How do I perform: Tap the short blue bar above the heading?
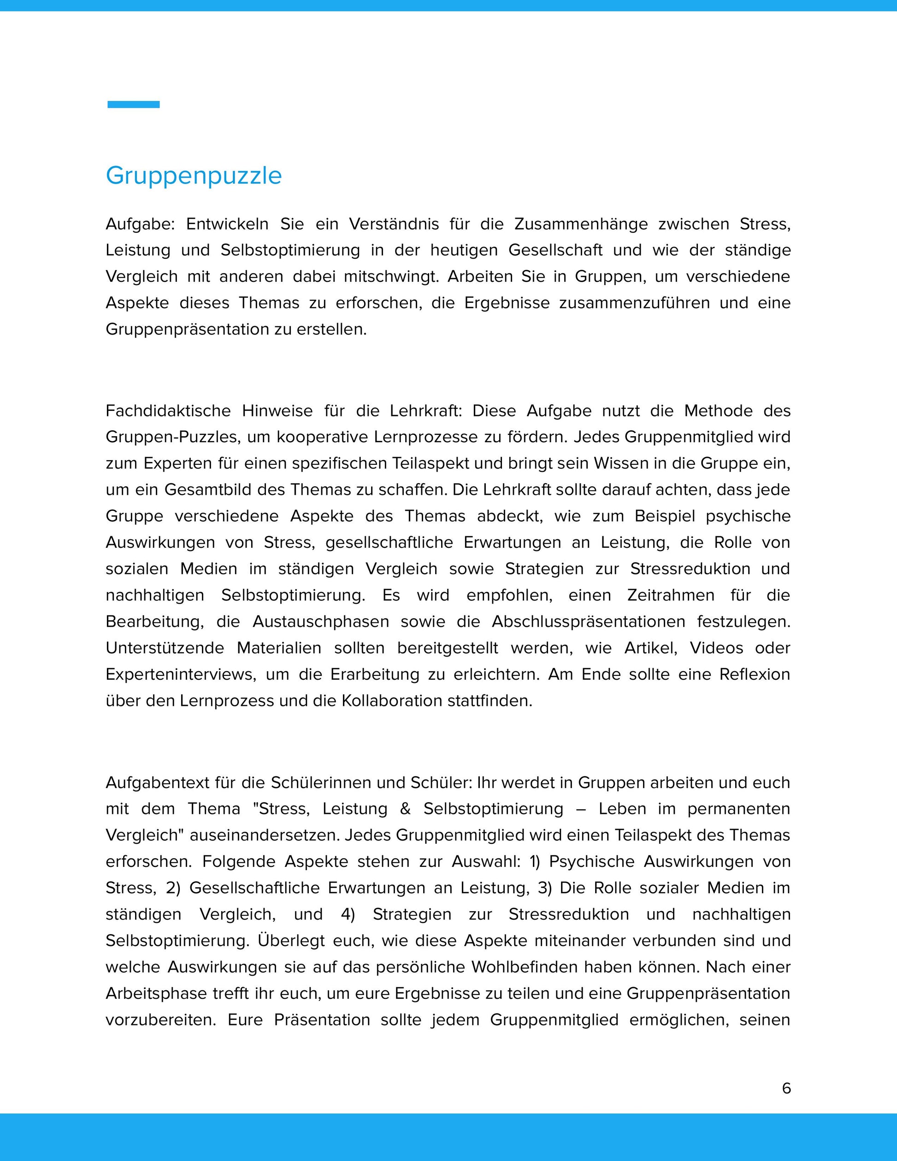coord(133,104)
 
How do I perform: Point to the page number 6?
coord(786,1088)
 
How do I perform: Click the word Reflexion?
coord(755,675)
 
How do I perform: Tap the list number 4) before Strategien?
coord(348,914)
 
